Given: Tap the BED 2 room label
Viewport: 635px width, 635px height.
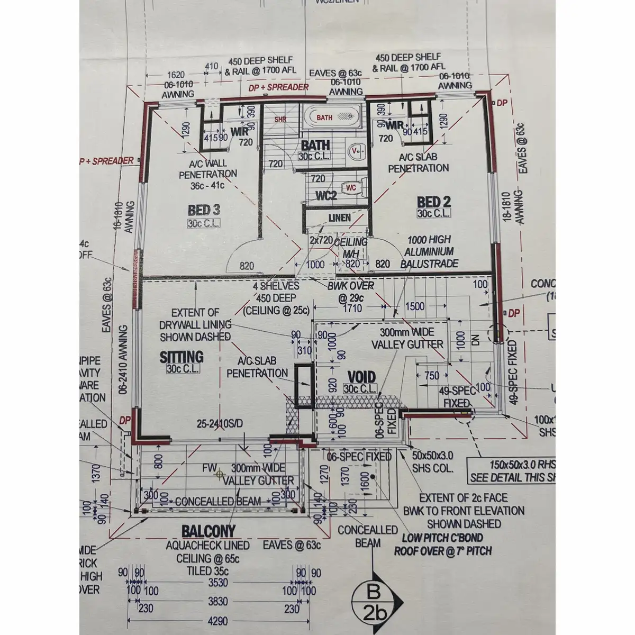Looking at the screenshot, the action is click(434, 202).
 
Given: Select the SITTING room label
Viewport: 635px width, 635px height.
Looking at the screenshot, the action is click(182, 358).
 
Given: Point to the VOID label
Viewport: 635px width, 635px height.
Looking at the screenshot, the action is click(361, 377).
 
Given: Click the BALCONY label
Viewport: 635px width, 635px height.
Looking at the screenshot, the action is click(208, 531).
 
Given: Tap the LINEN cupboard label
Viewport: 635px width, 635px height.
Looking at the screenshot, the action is click(340, 218).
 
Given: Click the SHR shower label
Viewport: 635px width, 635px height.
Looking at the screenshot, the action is click(280, 120).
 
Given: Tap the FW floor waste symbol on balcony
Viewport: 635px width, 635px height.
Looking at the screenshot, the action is click(217, 475).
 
